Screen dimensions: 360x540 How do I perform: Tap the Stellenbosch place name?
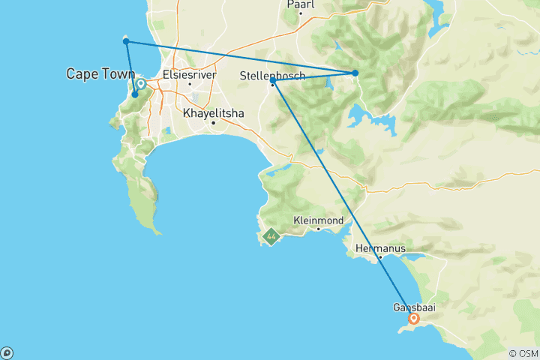(x=273, y=76)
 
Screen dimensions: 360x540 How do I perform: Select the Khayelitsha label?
(x=213, y=113)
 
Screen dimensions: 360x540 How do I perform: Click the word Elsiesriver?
(x=190, y=74)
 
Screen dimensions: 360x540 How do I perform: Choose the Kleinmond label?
(x=318, y=220)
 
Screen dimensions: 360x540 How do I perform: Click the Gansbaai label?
(x=414, y=307)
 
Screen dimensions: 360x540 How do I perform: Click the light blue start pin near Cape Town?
(x=140, y=85)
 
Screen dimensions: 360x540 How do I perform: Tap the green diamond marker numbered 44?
(x=271, y=238)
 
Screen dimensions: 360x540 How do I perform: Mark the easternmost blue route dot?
(x=355, y=73)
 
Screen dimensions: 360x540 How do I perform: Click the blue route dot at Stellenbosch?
(x=273, y=81)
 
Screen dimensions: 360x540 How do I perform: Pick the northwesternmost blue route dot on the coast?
(x=127, y=41)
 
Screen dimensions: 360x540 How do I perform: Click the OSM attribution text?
(x=523, y=353)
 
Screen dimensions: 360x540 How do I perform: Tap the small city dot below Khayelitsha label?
(x=213, y=122)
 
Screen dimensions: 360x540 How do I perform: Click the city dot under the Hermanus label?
(x=380, y=257)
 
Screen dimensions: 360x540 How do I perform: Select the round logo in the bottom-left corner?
(x=7, y=352)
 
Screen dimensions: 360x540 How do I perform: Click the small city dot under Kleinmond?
(x=318, y=229)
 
